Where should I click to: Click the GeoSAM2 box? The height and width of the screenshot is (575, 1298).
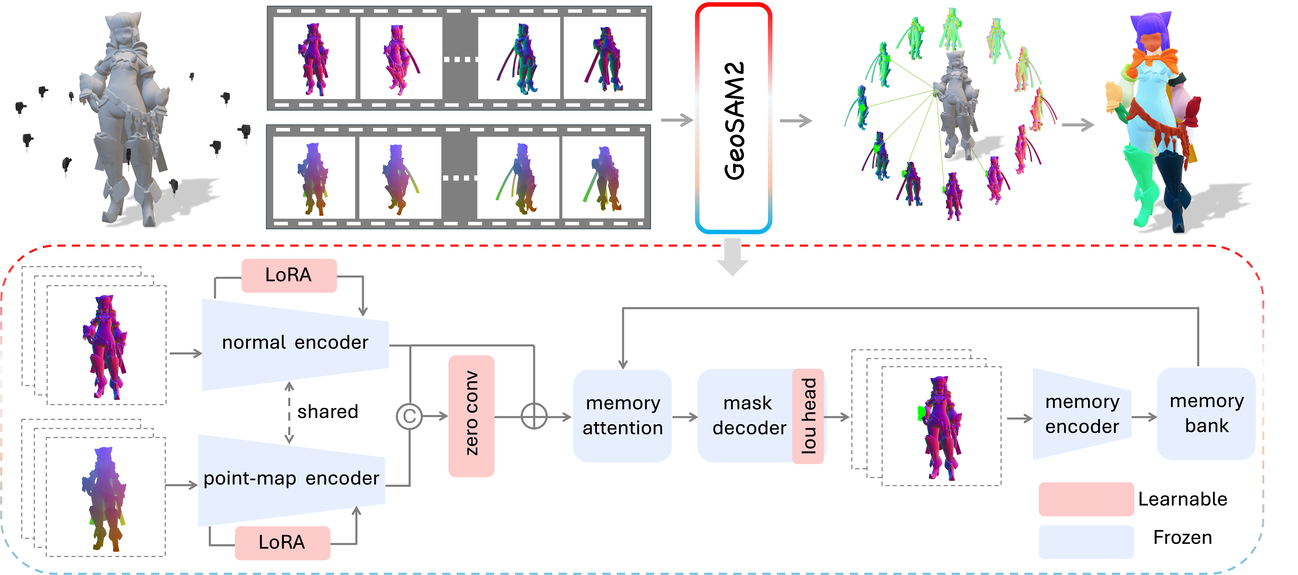pyautogui.click(x=733, y=118)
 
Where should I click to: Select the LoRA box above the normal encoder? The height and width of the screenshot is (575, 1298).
pyautogui.click(x=289, y=275)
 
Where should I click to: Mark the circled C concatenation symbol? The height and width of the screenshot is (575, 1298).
pyautogui.click(x=409, y=416)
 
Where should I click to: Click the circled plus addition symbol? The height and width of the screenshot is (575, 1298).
pyautogui.click(x=534, y=416)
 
